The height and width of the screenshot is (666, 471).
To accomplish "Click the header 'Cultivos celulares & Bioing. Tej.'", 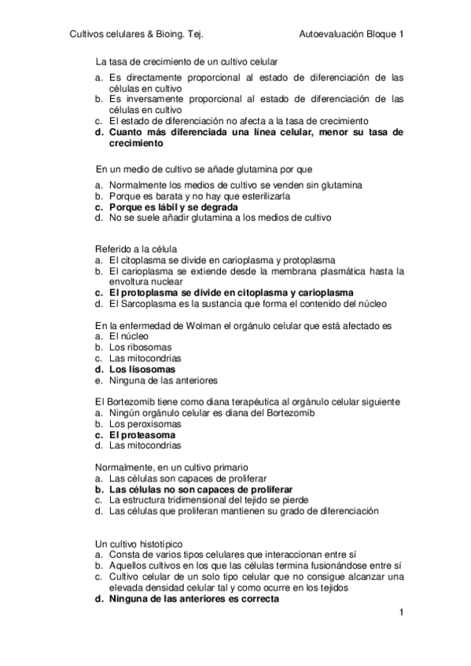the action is pyautogui.click(x=137, y=34).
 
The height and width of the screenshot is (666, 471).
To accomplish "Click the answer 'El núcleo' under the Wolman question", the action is pyautogui.click(x=130, y=335).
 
